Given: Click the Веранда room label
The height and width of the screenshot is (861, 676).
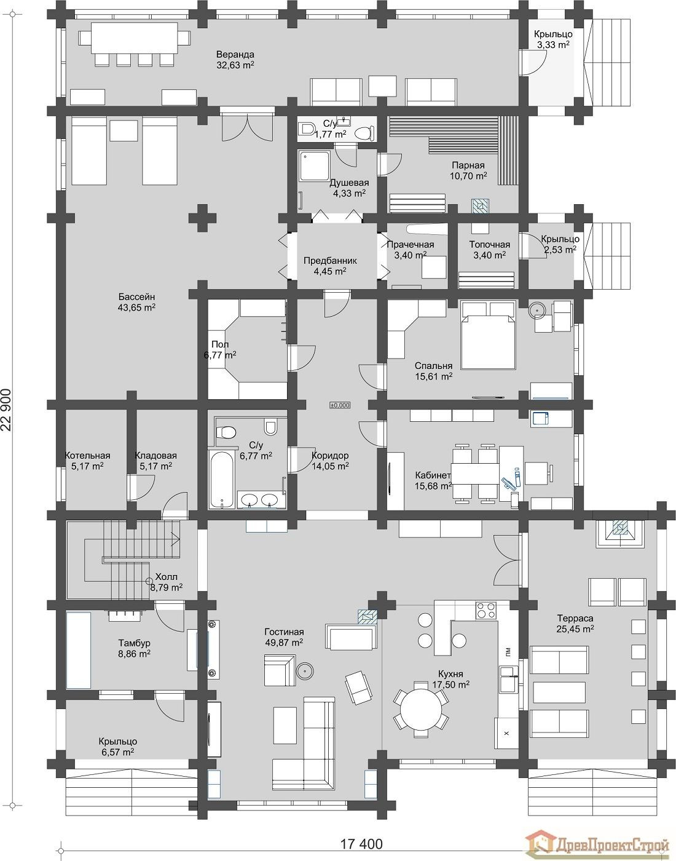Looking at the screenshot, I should [x=235, y=54].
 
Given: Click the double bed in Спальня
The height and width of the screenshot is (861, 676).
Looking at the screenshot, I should [x=488, y=335].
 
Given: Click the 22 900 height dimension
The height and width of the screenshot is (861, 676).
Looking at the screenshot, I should [x=9, y=411].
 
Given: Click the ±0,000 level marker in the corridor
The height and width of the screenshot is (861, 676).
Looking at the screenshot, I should [x=340, y=405].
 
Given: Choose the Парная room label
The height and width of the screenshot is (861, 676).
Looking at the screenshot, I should [x=468, y=165].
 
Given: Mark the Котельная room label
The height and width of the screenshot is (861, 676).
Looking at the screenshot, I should [x=88, y=456].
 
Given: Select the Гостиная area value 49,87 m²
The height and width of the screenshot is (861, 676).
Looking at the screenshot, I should [x=284, y=643].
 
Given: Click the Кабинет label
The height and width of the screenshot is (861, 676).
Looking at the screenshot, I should [x=433, y=475].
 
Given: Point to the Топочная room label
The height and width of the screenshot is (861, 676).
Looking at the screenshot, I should [x=490, y=244].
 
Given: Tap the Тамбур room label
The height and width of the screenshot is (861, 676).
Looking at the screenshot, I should [x=134, y=643].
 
